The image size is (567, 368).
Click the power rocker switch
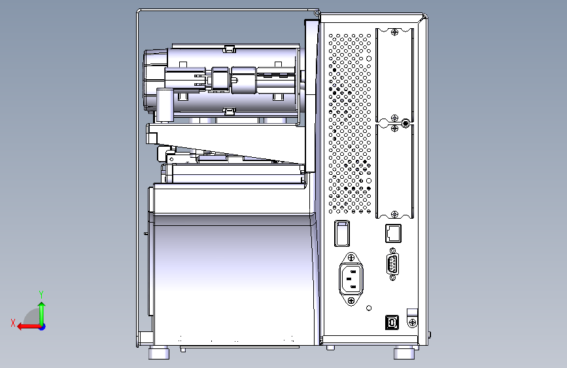342,234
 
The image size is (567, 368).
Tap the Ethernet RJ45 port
392,232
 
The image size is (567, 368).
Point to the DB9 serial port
392,266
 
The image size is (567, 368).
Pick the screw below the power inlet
352,300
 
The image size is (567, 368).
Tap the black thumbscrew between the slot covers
405,122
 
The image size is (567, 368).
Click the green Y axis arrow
41,310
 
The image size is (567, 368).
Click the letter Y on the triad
41,294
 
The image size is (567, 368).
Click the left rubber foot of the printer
158,353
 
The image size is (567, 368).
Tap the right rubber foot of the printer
404,352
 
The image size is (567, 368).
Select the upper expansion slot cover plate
396,73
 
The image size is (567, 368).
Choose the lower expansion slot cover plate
396,172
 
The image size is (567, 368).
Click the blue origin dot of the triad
42,326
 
